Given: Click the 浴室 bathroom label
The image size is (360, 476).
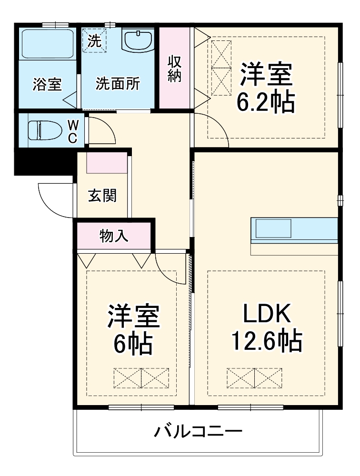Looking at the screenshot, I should click(x=47, y=85).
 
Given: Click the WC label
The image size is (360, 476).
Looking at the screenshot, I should click(x=73, y=131).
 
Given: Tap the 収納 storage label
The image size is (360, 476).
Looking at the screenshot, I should click(x=175, y=69).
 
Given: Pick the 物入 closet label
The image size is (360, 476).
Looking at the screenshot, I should click(x=114, y=236).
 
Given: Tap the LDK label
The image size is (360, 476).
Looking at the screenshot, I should click(x=267, y=315).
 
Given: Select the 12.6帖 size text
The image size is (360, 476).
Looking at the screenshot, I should click(x=267, y=341).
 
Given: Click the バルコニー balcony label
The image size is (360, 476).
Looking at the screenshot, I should click(x=198, y=432).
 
